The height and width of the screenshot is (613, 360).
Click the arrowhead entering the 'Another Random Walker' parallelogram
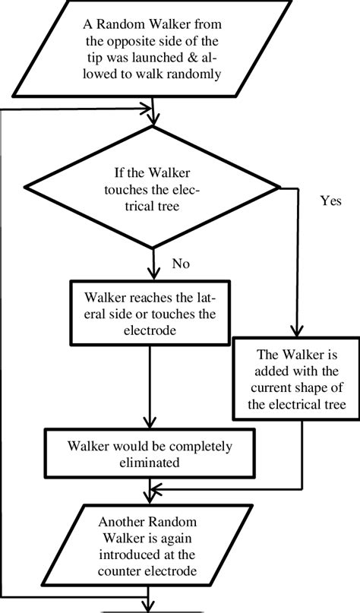[x=156, y=488]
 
